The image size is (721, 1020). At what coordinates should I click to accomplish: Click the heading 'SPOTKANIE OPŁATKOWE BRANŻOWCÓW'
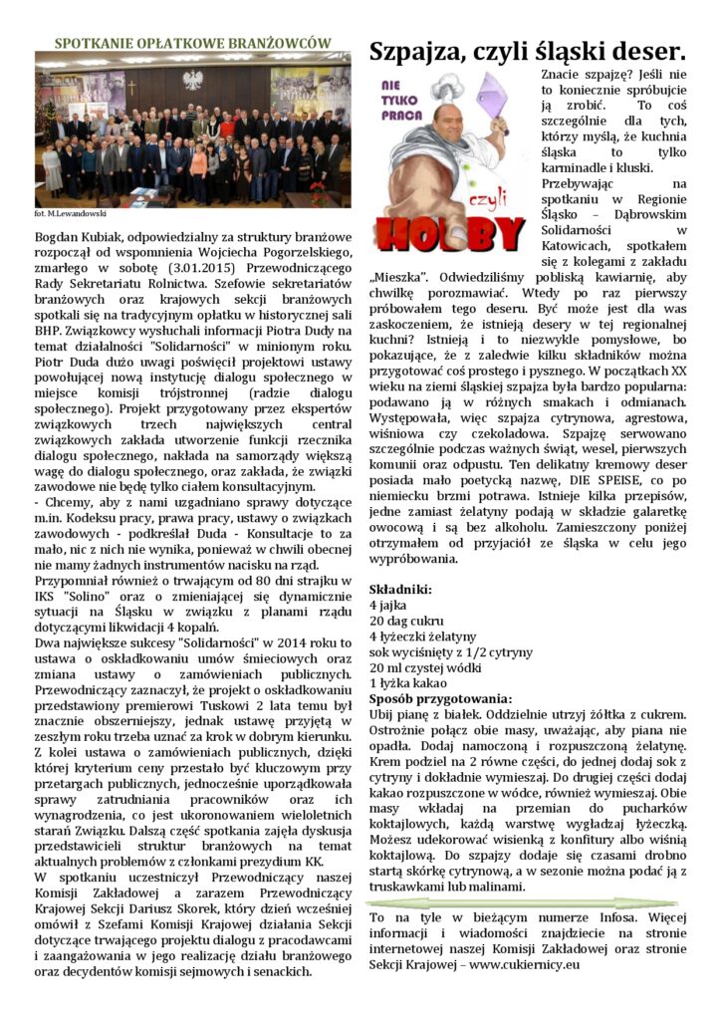(x=191, y=43)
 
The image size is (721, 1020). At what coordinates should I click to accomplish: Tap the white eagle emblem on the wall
(x=193, y=79)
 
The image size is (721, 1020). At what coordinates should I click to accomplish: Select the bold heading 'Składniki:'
(x=402, y=590)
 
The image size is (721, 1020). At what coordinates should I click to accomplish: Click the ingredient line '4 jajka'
(x=388, y=605)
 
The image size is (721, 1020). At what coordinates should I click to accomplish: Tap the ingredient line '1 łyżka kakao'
(x=406, y=683)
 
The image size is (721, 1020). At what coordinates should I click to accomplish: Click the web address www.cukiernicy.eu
(x=524, y=964)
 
